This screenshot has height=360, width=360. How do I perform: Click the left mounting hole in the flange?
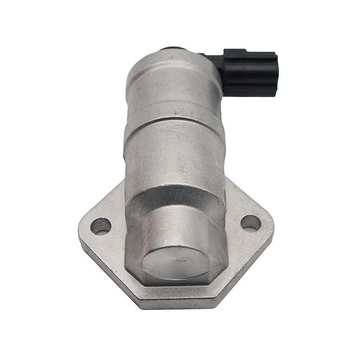tap(100, 225)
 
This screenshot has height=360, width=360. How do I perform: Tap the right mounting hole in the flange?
tap(250, 222)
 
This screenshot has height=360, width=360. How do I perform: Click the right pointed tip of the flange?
tap(272, 225)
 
